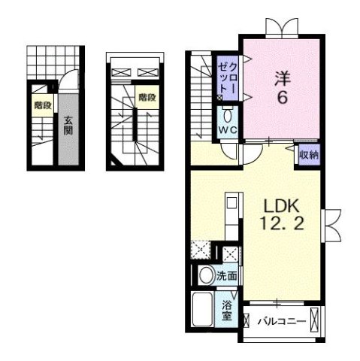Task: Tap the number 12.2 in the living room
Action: (282, 223)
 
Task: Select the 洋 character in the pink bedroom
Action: (283, 78)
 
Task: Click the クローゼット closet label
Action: (227, 78)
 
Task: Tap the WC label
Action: (228, 129)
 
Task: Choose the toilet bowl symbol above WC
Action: (228, 116)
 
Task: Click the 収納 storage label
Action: (309, 155)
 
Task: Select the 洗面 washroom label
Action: (226, 276)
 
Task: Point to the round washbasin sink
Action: (207, 275)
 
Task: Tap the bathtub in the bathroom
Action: (202, 310)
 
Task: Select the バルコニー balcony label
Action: (283, 321)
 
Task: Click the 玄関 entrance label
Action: (68, 126)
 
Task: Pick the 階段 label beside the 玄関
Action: (43, 105)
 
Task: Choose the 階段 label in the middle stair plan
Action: (147, 97)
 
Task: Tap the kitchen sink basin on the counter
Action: (231, 202)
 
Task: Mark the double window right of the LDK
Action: (331, 226)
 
